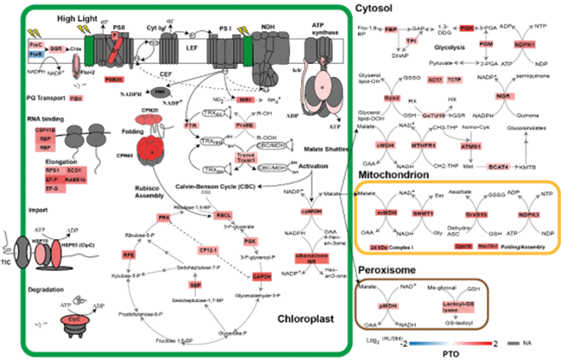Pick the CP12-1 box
coord(206,250)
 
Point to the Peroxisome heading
coord(391,270)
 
